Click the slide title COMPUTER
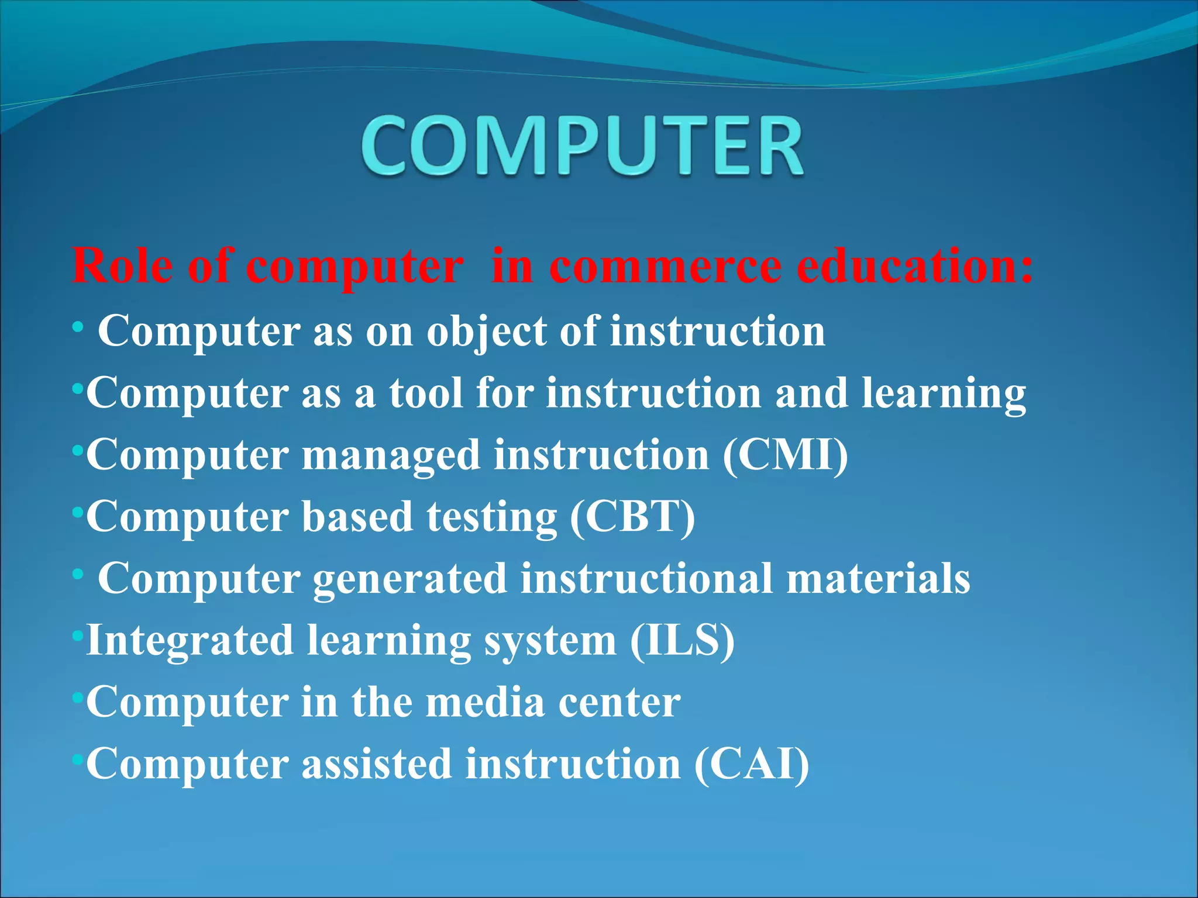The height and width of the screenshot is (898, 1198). click(582, 146)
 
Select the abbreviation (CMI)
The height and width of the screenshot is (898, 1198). click(785, 455)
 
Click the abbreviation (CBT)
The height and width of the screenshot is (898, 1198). click(632, 517)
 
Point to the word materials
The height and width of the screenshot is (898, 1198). click(878, 579)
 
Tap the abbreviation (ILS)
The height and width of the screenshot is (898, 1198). click(682, 641)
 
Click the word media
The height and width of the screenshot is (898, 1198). click(485, 702)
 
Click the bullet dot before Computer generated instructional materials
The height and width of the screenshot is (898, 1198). click(78, 575)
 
